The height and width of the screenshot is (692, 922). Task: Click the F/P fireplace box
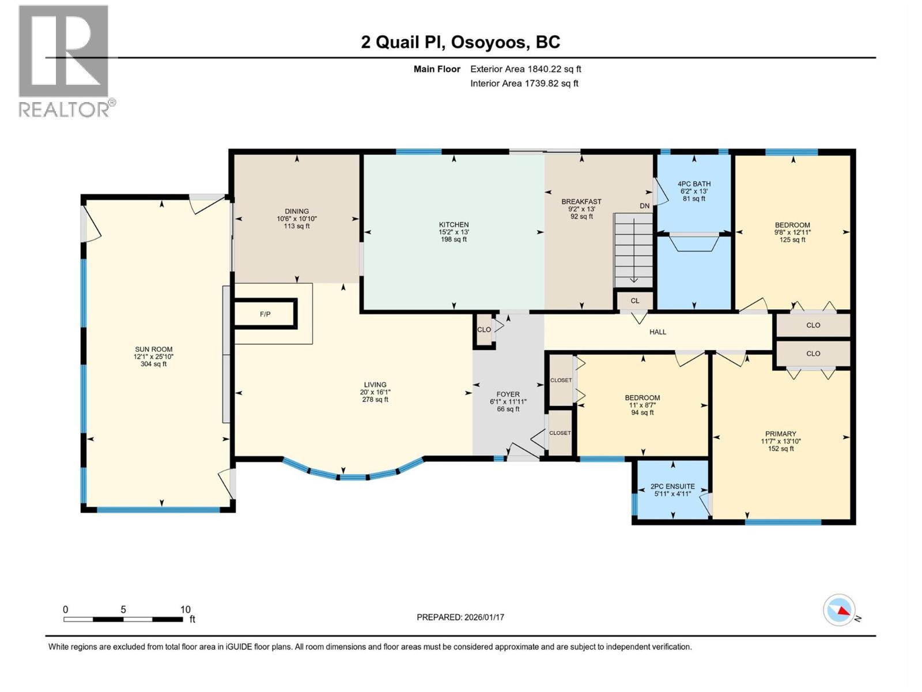click(265, 314)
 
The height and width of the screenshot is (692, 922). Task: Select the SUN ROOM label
click(153, 349)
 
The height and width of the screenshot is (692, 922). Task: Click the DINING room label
click(297, 212)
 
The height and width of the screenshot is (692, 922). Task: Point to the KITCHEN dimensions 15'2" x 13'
click(454, 232)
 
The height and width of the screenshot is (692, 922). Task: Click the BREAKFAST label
click(581, 202)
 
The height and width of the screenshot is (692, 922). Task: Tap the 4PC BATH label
click(694, 184)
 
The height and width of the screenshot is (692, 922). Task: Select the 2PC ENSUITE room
click(672, 490)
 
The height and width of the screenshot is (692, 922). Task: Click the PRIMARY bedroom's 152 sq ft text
click(781, 449)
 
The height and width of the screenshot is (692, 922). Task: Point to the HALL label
click(658, 332)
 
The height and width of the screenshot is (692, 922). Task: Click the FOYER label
click(508, 395)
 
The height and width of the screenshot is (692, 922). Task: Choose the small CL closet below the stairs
click(634, 301)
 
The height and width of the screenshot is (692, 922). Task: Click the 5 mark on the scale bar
click(123, 610)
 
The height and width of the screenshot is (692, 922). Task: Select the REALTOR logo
click(65, 61)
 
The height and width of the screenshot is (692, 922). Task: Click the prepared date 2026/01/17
click(483, 618)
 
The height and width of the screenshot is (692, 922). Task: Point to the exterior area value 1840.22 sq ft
click(554, 69)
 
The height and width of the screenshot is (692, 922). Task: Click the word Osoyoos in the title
click(489, 42)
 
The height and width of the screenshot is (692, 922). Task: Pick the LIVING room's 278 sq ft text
click(375, 400)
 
